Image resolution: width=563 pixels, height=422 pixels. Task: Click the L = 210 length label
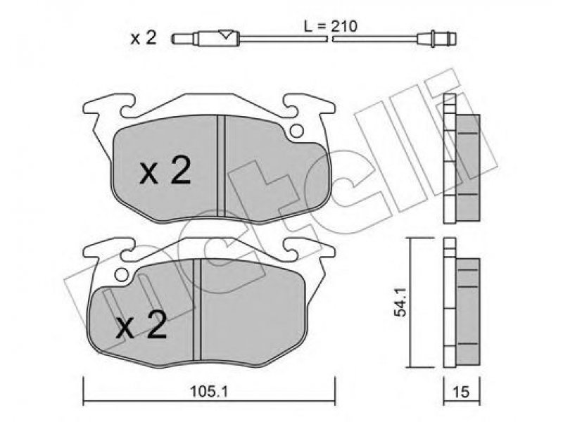pyautogui.click(x=331, y=26)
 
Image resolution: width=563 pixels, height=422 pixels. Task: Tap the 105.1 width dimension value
pyautogui.click(x=209, y=392)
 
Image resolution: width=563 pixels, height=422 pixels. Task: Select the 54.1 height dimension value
pyautogui.click(x=400, y=302)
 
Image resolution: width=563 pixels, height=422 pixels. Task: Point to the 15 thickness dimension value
pyautogui.click(x=462, y=392)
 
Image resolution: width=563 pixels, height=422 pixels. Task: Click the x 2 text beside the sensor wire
pyautogui.click(x=144, y=38)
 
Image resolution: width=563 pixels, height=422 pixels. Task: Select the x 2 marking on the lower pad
pyautogui.click(x=141, y=324)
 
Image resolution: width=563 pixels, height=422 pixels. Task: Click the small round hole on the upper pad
pyautogui.click(x=297, y=131)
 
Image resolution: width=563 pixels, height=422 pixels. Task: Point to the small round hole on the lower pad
pyautogui.click(x=122, y=275)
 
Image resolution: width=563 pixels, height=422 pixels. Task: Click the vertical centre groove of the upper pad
pyautogui.click(x=221, y=166)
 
